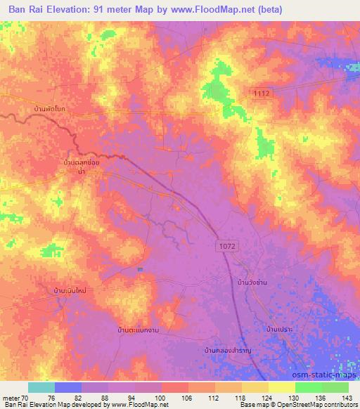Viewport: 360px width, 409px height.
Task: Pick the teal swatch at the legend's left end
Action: click(x=41, y=387)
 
